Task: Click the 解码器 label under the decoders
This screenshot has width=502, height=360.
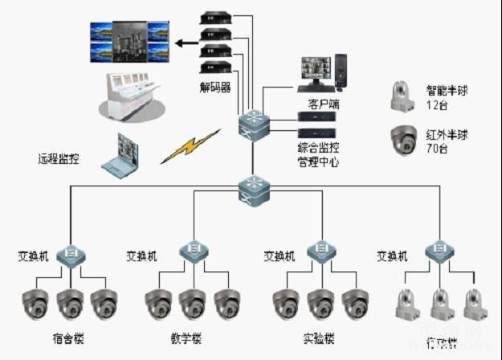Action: [x=216, y=86]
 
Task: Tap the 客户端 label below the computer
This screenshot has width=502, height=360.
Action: [x=324, y=104]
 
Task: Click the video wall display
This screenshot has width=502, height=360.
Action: [x=131, y=42]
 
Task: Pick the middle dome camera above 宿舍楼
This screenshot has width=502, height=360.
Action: [x=70, y=303]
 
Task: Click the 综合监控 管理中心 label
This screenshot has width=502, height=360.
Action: [x=318, y=154]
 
